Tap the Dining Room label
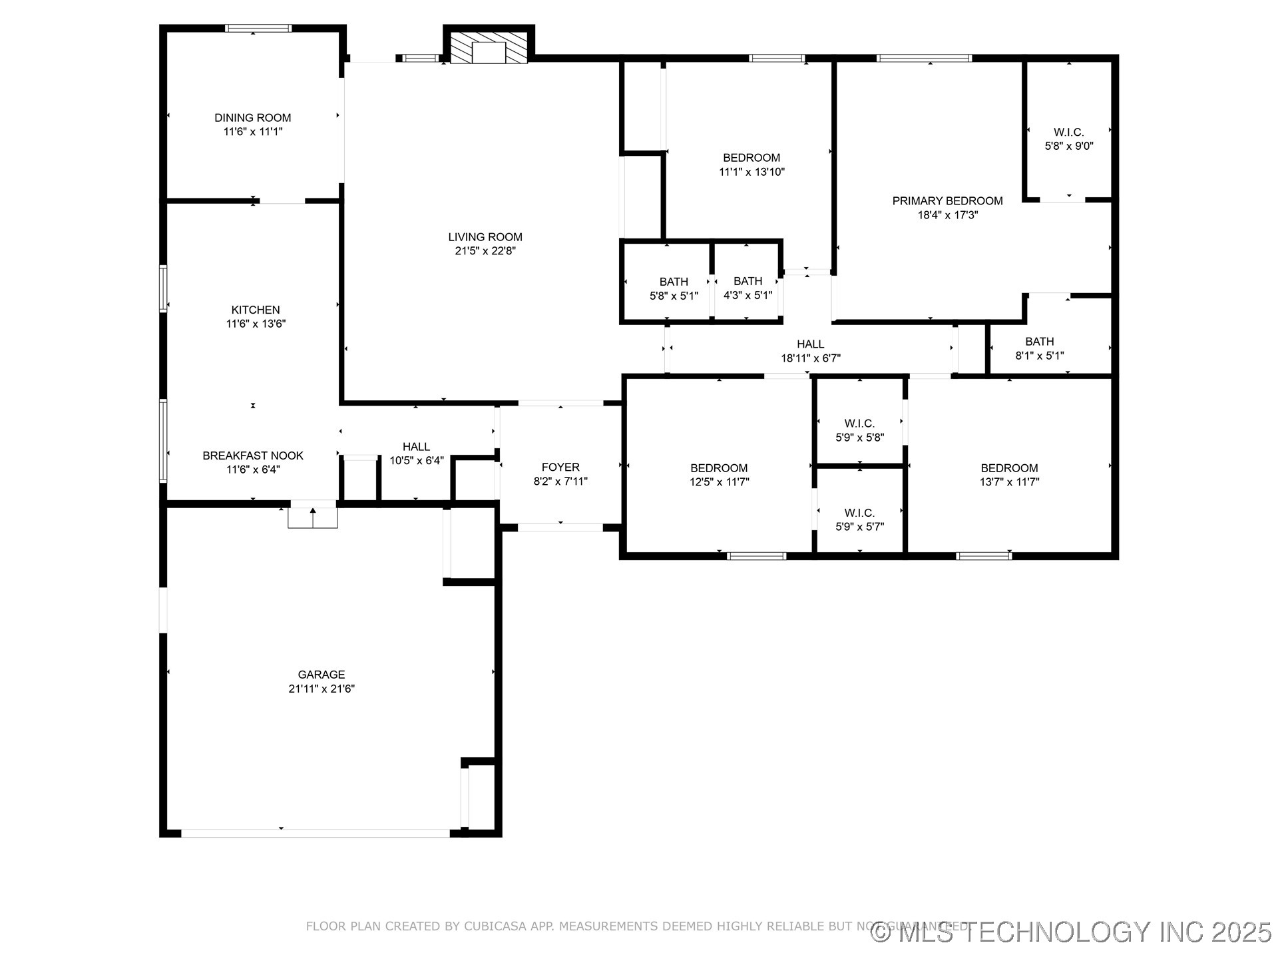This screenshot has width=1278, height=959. tap(252, 118)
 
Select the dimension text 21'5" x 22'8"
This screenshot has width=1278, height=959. tap(485, 251)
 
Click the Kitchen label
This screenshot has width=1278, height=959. tap(256, 310)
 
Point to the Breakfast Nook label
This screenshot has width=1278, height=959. tap(253, 456)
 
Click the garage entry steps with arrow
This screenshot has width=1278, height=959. tap(313, 516)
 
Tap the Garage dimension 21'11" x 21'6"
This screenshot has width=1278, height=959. tap(321, 689)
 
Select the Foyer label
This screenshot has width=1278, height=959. tap(560, 468)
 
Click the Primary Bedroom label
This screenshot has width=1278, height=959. tap(947, 201)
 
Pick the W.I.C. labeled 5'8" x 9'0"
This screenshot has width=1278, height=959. tap(1068, 139)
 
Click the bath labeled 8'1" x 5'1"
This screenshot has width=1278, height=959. tap(1039, 348)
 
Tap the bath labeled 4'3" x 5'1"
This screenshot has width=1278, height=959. tap(747, 288)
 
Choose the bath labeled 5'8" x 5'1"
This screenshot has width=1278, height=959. tap(674, 288)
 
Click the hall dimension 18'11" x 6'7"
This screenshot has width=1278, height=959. tap(810, 358)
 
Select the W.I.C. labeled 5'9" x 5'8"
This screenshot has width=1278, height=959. tap(859, 430)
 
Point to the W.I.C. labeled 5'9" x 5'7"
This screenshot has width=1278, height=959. tap(859, 519)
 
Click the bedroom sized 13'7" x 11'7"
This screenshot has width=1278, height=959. tap(1009, 475)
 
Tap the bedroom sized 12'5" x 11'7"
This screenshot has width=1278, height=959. tap(719, 475)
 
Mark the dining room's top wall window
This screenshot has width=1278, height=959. tap(258, 29)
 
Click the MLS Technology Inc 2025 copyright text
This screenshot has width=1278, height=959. tap(1071, 932)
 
